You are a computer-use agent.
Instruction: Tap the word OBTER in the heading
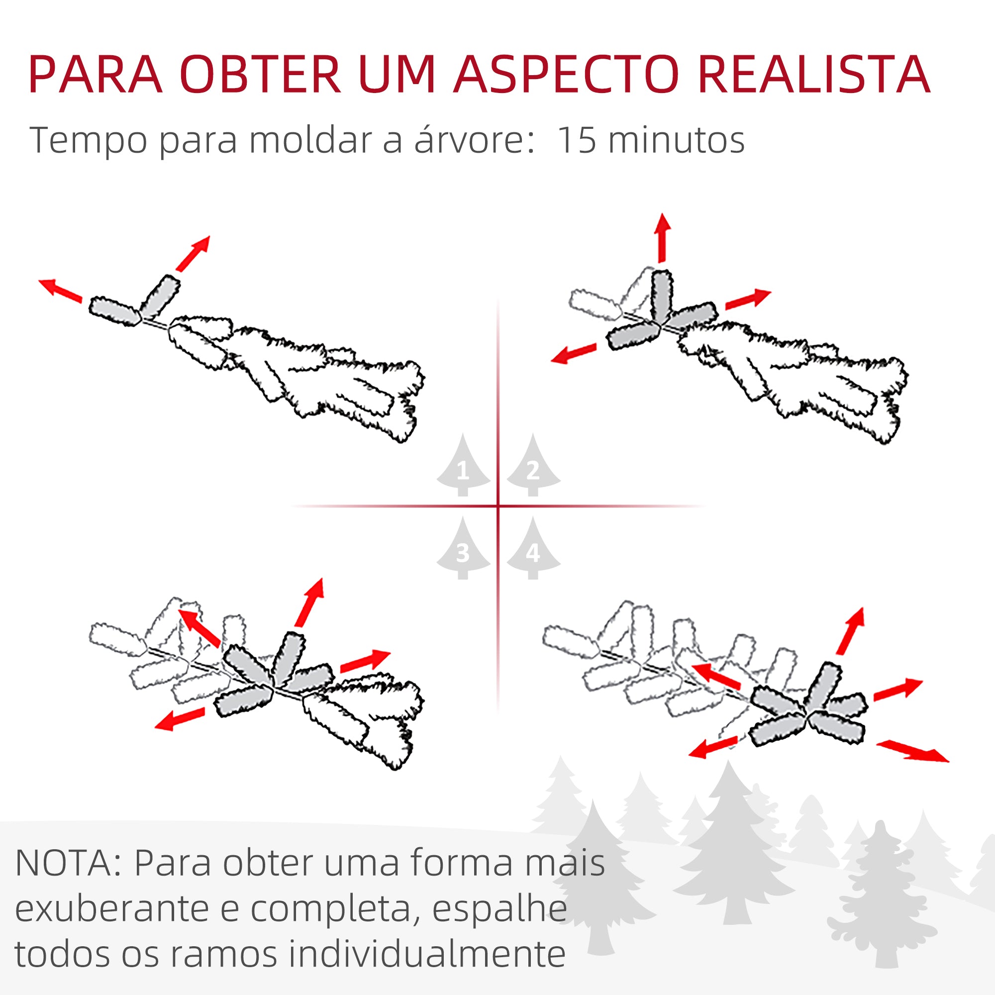pos(260,75)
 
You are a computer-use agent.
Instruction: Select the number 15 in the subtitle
pos(576,140)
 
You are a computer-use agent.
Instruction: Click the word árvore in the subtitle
pos(469,140)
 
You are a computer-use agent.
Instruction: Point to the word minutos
pos(676,140)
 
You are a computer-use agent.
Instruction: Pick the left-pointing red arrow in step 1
pos(60,291)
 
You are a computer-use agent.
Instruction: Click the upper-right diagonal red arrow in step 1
pos(193,253)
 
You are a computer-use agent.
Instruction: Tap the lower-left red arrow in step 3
pos(180,719)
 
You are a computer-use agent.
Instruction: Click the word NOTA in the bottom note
pos(63,864)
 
